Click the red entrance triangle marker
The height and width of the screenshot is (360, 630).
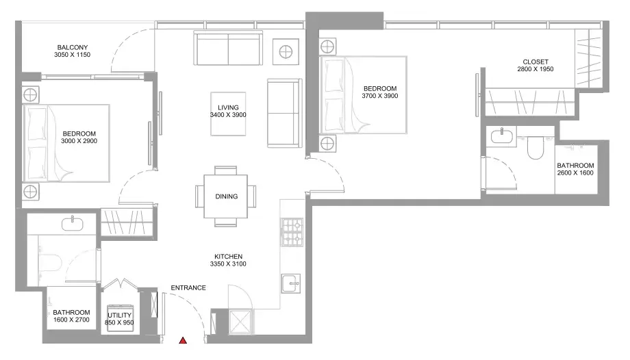click(x=183, y=341)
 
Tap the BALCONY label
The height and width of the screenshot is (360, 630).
click(x=73, y=47)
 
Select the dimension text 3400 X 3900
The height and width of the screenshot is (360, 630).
click(x=228, y=115)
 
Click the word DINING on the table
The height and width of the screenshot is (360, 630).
click(x=227, y=196)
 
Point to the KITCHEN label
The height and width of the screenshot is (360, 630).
click(x=228, y=257)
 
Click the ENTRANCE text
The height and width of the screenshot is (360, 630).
click(x=188, y=287)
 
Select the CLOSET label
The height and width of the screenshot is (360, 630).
click(x=535, y=62)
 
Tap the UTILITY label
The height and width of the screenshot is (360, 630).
click(x=119, y=316)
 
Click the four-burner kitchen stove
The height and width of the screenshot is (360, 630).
click(x=292, y=232)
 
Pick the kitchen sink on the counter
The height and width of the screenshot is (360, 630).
click(x=291, y=283)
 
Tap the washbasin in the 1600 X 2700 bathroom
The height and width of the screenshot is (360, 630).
click(x=73, y=223)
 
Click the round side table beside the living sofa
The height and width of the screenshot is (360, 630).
click(x=286, y=52)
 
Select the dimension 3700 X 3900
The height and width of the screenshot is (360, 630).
click(x=379, y=96)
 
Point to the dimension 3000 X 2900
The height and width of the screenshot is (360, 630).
click(x=79, y=141)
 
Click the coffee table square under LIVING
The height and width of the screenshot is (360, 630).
click(x=228, y=114)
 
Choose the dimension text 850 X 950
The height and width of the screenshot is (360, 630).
click(x=119, y=322)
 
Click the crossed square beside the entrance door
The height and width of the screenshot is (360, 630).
click(x=240, y=322)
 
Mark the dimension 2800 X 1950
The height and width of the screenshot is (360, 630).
click(x=535, y=69)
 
